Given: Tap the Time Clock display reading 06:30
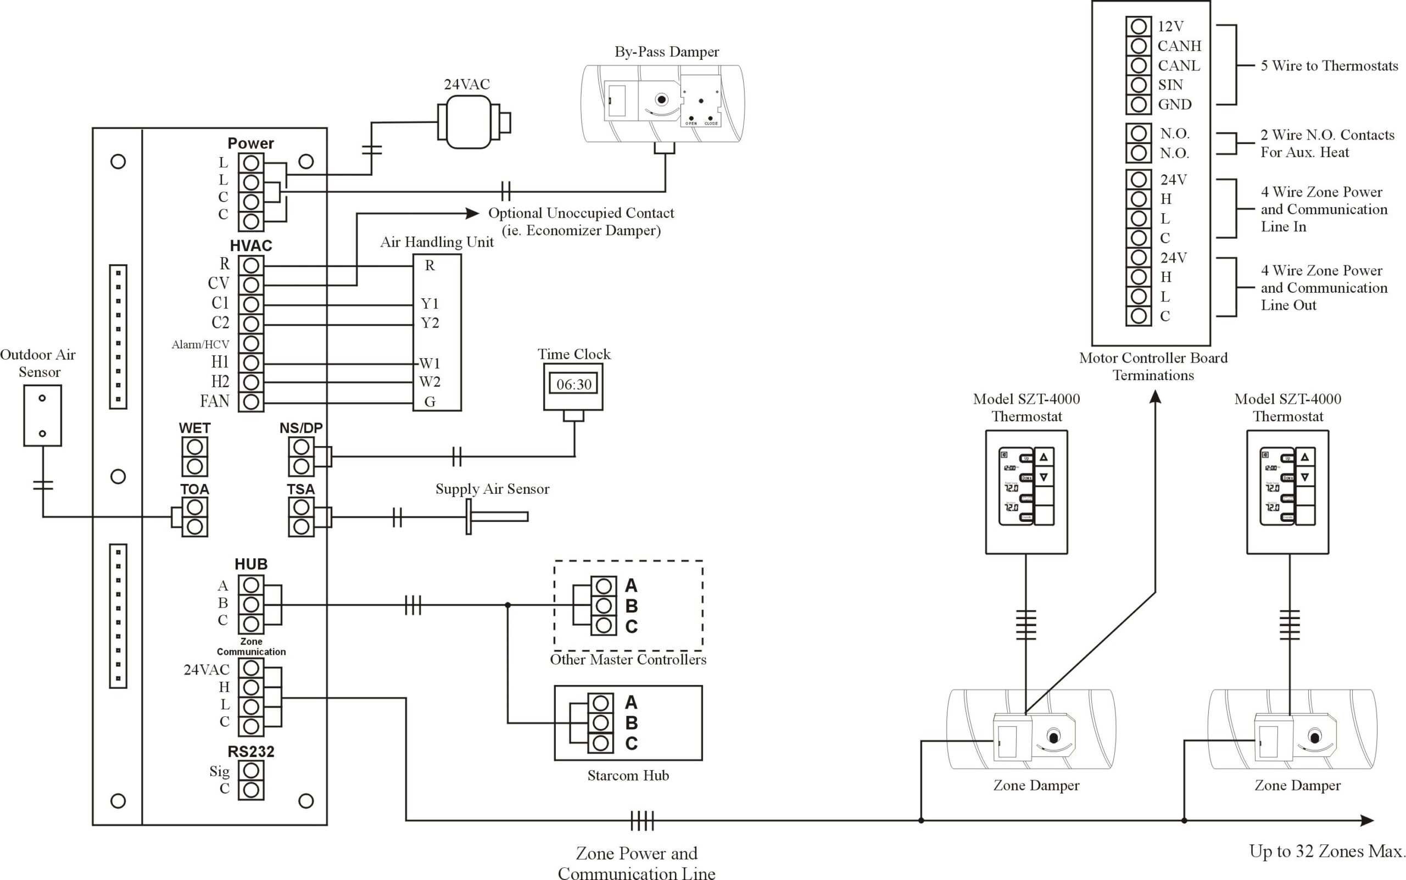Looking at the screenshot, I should [x=573, y=384].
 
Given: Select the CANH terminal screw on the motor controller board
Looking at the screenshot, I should [x=1139, y=46].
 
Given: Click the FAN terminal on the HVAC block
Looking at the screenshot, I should [x=251, y=402].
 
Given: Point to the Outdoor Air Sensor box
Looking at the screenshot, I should [x=42, y=415].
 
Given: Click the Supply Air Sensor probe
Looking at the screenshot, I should [x=498, y=516].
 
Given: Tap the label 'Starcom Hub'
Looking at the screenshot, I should [x=627, y=775].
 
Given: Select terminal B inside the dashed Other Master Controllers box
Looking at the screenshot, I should [x=604, y=605].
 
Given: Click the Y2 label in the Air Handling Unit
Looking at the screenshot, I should [x=429, y=323].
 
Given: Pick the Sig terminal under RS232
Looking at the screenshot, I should [x=251, y=770].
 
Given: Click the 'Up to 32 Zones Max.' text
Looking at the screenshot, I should [x=1327, y=851].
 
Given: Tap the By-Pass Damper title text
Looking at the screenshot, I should [x=666, y=52].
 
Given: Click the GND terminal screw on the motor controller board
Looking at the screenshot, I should [x=1139, y=105].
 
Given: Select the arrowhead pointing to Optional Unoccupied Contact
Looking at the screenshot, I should [x=472, y=213].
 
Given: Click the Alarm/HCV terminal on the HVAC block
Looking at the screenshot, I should [x=251, y=343].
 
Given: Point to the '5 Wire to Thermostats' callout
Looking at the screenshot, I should [x=1329, y=66].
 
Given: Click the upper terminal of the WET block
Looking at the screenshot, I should [x=194, y=447].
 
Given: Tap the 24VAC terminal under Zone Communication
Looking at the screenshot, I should [x=251, y=667].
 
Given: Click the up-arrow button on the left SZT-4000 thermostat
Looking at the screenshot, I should [x=1044, y=458].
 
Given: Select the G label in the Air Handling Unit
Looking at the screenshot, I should [x=429, y=402].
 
